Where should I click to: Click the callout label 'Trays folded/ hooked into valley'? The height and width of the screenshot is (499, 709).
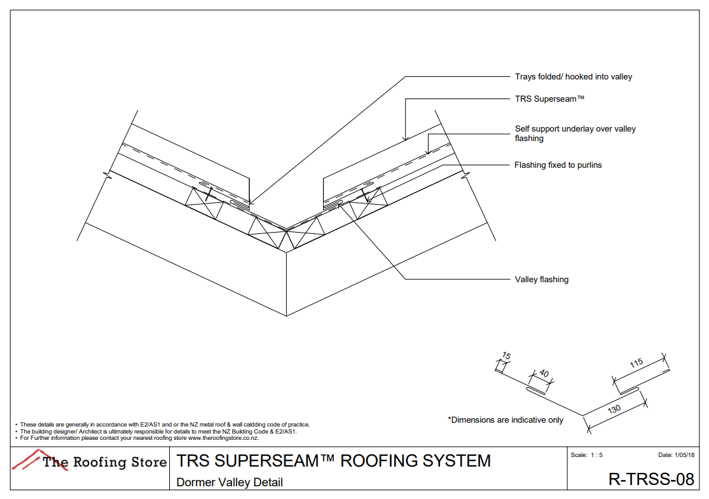click(x=573, y=77)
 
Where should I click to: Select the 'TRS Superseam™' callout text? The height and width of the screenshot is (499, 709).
click(x=549, y=99)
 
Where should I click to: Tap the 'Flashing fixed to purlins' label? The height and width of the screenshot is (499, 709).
click(x=558, y=165)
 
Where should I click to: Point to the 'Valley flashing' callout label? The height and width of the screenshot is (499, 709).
click(x=541, y=279)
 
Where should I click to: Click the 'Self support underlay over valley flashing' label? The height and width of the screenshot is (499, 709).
click(x=575, y=133)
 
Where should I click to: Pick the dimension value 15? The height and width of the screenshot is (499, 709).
click(x=506, y=356)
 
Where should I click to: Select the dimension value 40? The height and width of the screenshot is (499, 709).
click(x=544, y=374)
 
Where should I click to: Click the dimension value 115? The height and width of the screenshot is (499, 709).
click(x=637, y=363)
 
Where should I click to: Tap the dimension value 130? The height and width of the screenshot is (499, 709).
click(x=614, y=409)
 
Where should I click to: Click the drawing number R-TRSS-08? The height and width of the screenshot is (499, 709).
click(x=650, y=479)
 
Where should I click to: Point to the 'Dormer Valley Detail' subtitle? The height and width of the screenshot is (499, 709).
click(x=230, y=482)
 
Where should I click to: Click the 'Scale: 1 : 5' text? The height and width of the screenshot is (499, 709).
click(x=586, y=455)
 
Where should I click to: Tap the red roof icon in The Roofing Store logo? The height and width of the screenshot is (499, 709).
click(x=27, y=460)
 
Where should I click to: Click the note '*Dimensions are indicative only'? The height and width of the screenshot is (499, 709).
click(x=506, y=420)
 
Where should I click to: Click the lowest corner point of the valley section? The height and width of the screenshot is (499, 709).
click(x=287, y=315)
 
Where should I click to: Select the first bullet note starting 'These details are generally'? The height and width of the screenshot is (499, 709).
click(x=164, y=425)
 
